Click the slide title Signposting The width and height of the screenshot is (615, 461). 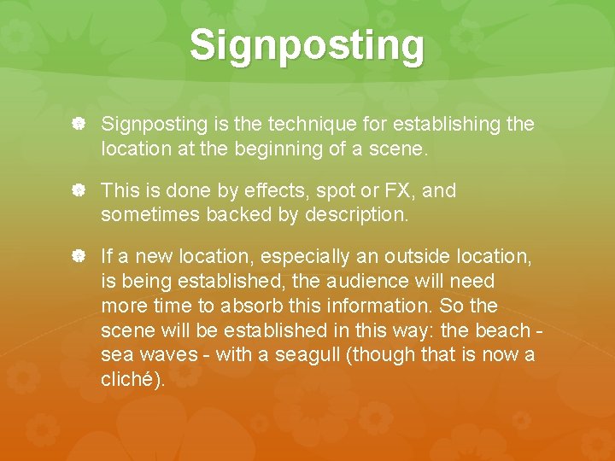(x=307, y=45)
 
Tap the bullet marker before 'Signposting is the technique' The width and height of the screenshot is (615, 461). (x=77, y=125)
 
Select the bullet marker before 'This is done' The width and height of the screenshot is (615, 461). (x=77, y=191)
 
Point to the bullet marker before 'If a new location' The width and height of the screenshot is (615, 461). (x=77, y=257)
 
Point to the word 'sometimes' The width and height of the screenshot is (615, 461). (x=150, y=215)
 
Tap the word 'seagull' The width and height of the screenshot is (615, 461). (x=308, y=355)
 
